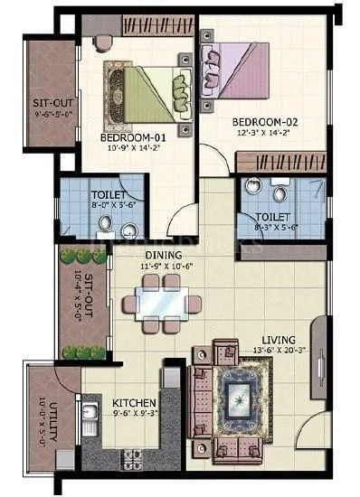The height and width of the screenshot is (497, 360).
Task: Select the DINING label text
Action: (161, 256)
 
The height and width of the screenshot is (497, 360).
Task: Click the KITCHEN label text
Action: (134, 401)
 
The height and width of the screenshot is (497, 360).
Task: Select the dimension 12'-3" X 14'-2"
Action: (262, 132)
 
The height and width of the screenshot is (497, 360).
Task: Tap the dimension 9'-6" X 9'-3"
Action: (134, 414)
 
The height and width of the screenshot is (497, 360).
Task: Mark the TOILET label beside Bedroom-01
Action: (108, 193)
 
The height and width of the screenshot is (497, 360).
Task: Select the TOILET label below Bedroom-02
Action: (272, 217)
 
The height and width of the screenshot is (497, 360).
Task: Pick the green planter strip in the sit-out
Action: (71, 305)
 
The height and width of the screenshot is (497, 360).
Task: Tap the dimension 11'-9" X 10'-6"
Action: (161, 267)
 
